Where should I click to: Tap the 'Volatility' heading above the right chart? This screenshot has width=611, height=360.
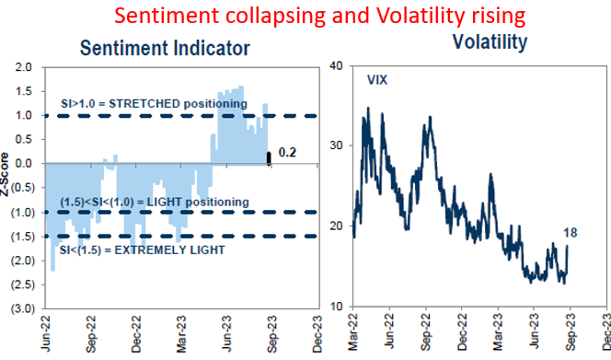pos(489,42)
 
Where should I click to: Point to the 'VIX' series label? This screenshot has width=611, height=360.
pos(377,80)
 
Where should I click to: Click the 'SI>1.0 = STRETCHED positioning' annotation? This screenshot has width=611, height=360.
pos(154,104)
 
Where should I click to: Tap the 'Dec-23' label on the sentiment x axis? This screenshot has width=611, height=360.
pos(316,333)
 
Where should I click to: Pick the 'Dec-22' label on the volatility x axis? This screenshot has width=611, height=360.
pos(463,333)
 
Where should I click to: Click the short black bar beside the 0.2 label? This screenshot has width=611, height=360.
pos(269,157)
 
